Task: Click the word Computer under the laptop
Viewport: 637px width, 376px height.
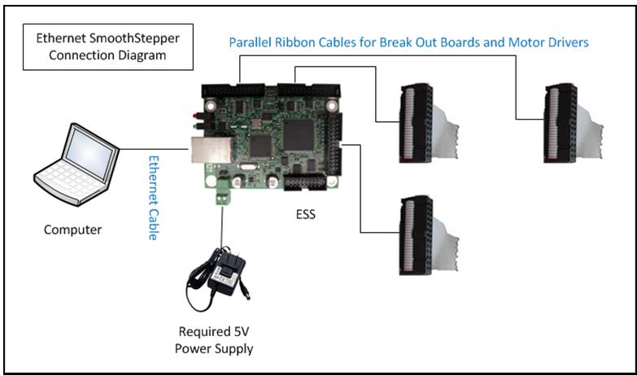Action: click(72, 230)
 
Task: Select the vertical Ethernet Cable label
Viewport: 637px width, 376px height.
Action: click(153, 198)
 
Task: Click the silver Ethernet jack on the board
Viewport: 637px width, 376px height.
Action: click(212, 149)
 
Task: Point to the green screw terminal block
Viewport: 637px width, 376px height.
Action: click(222, 192)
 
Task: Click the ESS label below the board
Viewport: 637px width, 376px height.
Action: click(306, 214)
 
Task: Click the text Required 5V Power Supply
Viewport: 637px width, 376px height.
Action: click(214, 340)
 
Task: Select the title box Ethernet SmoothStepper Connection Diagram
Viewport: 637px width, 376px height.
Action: click(108, 46)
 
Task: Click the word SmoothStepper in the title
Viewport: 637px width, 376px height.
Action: click(134, 38)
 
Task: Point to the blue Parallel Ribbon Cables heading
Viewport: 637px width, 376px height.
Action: click(408, 42)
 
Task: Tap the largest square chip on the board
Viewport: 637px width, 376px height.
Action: click(299, 134)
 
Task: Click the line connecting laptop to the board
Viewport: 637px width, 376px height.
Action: click(154, 149)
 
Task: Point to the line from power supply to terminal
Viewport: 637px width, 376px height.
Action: click(222, 226)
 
